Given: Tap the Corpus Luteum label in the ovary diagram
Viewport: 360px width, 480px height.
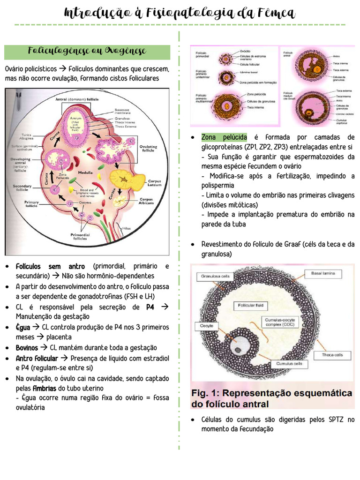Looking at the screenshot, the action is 154,183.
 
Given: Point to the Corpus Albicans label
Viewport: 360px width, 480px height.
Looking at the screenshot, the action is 146,202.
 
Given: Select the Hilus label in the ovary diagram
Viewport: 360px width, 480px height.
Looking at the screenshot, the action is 127,228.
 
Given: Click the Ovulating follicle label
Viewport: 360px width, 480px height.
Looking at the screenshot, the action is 149,148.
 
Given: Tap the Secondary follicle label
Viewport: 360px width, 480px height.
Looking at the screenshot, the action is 22,188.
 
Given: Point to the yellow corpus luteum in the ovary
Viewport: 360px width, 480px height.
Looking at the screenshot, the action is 122,179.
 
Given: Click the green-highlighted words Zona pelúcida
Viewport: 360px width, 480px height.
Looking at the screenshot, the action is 224,137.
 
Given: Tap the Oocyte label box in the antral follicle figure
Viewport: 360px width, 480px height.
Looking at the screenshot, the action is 207,325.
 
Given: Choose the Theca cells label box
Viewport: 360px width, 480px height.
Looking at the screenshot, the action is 332,355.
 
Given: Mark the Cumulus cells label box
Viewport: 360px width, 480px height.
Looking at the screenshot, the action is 289,364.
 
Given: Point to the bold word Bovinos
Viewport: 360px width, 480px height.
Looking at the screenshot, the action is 27,348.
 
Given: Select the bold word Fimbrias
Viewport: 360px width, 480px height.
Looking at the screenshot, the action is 45,389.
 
